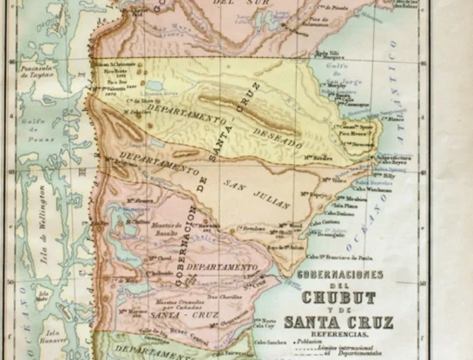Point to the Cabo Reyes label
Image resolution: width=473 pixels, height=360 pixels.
(392, 162)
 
